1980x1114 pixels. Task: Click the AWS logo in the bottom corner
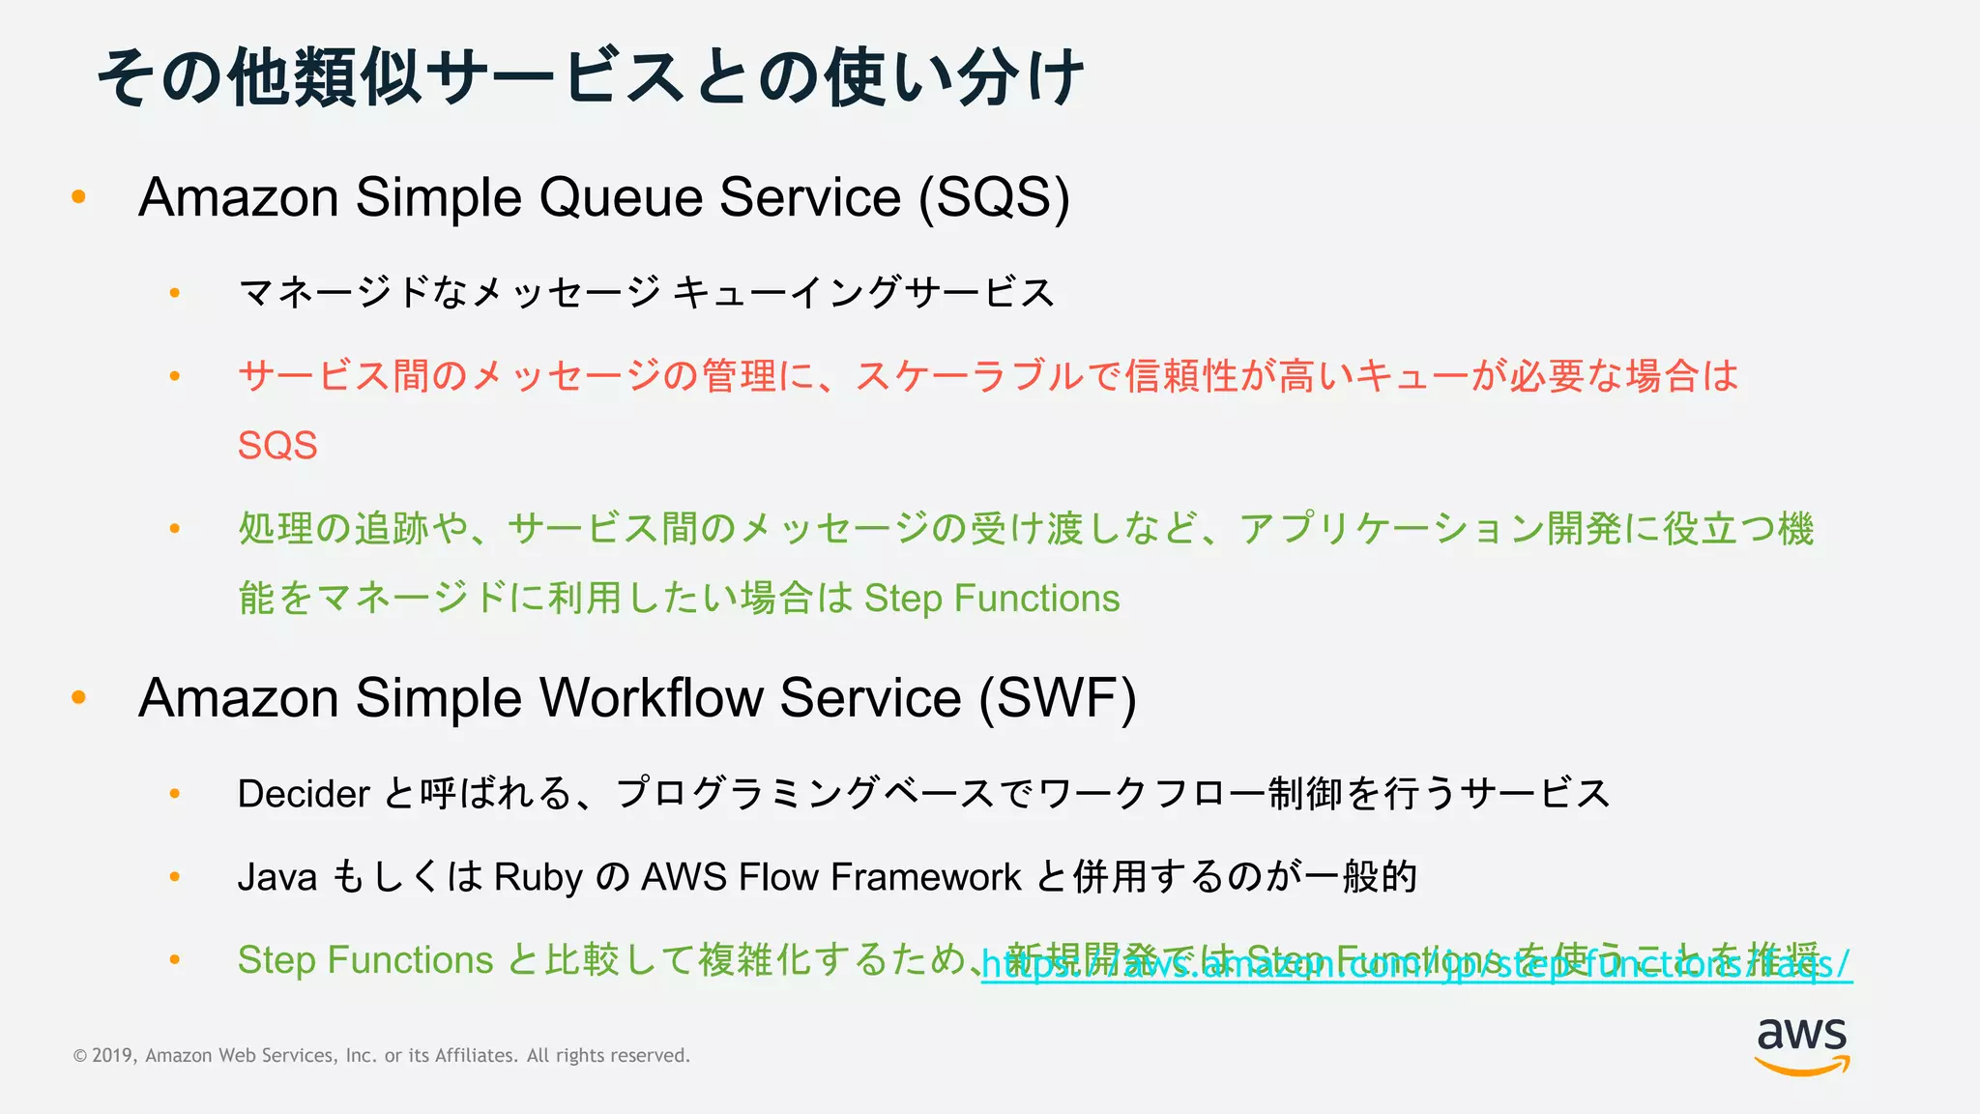click(1802, 1045)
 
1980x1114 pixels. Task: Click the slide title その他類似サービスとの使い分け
click(591, 77)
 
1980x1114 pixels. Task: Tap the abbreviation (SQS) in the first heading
click(994, 197)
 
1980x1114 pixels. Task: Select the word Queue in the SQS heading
click(621, 197)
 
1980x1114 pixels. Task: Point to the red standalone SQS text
click(277, 446)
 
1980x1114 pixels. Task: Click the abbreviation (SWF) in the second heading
click(1058, 698)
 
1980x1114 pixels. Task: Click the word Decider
click(304, 794)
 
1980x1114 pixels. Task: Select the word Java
click(277, 877)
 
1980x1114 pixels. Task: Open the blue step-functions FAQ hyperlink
click(1416, 965)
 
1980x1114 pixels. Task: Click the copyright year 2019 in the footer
click(113, 1056)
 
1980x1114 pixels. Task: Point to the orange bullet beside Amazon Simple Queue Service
click(79, 197)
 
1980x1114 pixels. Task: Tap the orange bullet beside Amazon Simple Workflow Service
click(79, 697)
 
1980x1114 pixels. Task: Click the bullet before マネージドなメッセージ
click(175, 292)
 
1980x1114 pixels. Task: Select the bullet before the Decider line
click(175, 793)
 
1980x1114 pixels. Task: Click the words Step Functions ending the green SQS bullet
click(992, 599)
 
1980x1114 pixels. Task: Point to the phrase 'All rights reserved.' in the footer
click(608, 1056)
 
